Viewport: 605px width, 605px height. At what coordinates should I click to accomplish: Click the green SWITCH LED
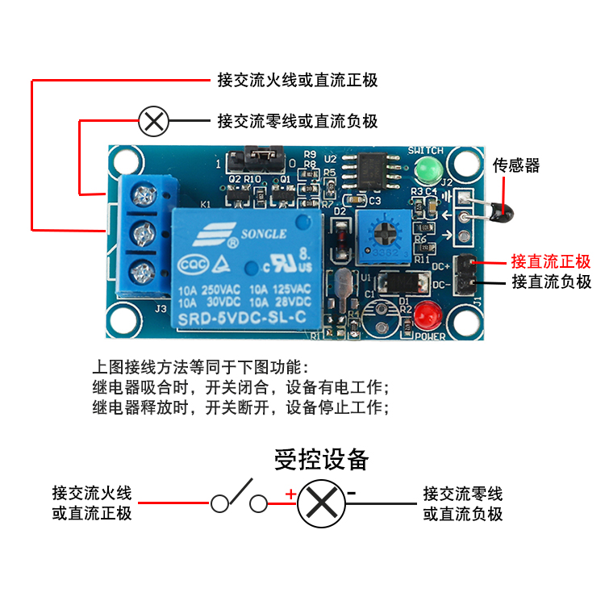[426, 170]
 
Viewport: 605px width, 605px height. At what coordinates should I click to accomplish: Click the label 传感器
[516, 165]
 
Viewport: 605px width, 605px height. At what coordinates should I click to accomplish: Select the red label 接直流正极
[551, 262]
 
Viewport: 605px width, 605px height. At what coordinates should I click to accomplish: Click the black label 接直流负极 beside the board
[551, 282]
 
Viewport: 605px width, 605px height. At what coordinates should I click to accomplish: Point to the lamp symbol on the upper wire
[153, 122]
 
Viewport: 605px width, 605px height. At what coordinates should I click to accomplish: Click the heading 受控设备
[322, 459]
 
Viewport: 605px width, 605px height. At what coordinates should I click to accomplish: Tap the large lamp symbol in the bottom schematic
[322, 504]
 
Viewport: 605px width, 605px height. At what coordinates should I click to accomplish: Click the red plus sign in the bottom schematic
[289, 494]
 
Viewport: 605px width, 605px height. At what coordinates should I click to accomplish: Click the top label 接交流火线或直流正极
[297, 81]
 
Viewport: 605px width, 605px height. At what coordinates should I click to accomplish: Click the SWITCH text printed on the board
[426, 151]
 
